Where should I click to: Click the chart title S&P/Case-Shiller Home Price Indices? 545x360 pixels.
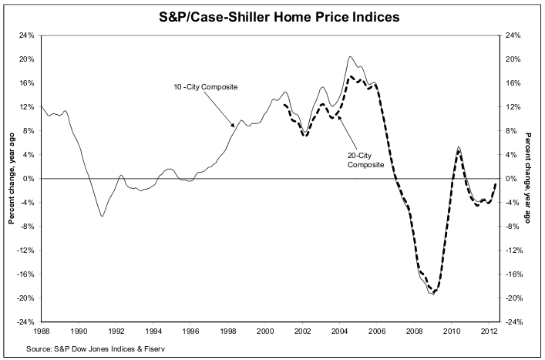coord(272,15)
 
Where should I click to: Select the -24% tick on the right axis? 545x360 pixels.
coord(516,322)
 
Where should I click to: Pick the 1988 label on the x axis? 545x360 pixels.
coord(42,332)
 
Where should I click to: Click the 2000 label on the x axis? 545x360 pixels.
coord(267,332)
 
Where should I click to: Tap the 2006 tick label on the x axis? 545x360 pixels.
coord(380,332)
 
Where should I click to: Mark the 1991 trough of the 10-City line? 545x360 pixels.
coord(102,216)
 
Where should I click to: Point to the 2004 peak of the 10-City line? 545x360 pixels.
coord(350,56)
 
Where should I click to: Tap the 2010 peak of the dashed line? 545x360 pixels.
coord(459,151)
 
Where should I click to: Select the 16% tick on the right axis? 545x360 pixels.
coord(515,83)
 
